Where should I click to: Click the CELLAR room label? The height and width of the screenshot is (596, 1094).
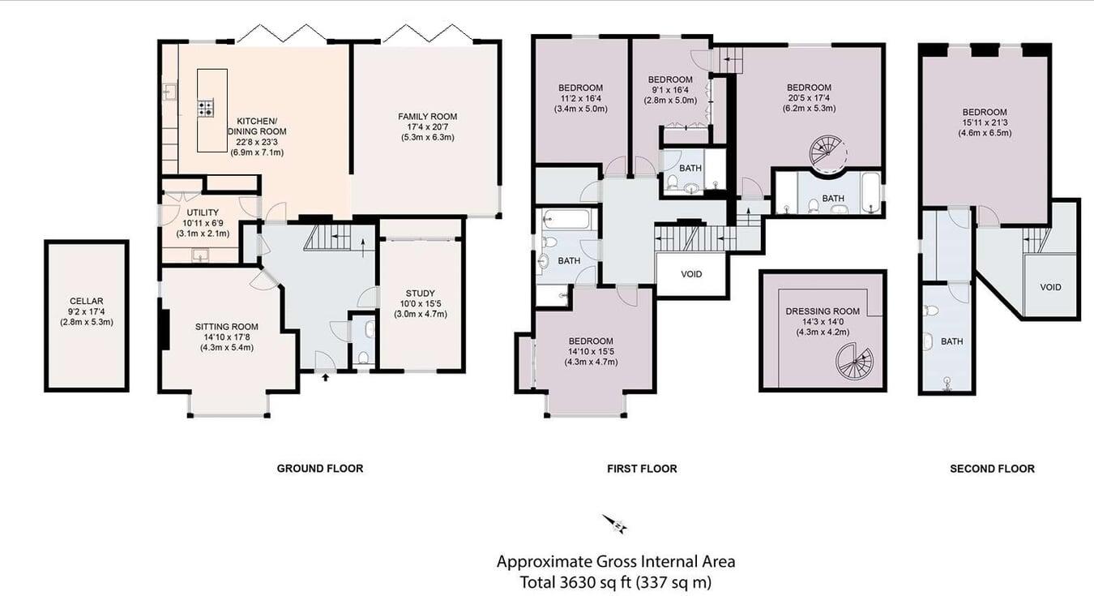[86, 301]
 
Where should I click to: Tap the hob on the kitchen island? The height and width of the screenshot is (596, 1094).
[206, 108]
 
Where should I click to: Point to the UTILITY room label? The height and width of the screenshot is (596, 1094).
[202, 212]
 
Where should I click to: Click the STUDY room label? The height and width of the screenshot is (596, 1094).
[420, 294]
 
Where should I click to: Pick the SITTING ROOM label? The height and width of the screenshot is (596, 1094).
[227, 327]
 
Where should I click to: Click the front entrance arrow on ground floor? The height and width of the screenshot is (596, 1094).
[326, 376]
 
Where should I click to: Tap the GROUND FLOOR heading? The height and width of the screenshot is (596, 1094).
[319, 469]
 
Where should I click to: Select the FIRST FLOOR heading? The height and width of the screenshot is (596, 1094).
[642, 469]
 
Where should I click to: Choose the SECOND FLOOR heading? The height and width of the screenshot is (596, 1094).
[992, 469]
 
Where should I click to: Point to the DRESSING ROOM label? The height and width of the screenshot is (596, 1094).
[823, 311]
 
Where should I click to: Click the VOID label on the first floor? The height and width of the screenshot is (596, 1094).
[691, 274]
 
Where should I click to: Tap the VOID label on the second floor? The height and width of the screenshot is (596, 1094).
[1050, 287]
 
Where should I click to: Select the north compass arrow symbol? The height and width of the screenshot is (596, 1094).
[615, 525]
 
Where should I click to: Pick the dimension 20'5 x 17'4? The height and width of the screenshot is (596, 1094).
[809, 98]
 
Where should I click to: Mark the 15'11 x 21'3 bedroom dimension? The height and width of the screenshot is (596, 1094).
[985, 122]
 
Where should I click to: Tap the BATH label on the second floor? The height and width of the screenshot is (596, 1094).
[952, 341]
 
